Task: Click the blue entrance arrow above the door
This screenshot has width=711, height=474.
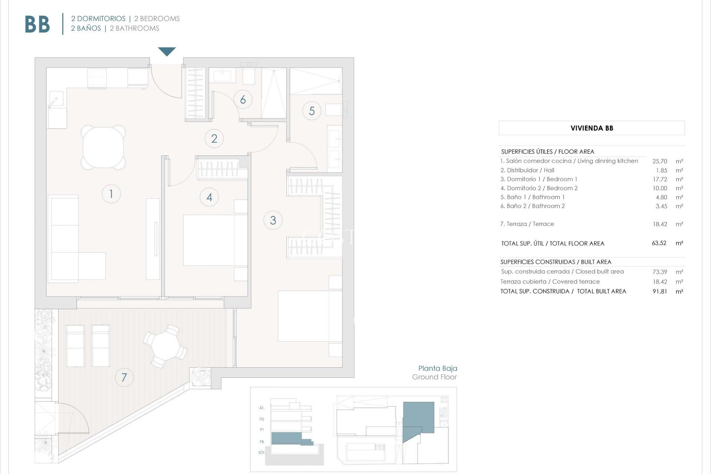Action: click(x=167, y=51)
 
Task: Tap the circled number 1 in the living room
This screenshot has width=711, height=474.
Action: click(x=111, y=194)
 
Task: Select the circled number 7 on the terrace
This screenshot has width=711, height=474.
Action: click(x=124, y=377)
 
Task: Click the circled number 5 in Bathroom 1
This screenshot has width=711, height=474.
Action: click(x=312, y=111)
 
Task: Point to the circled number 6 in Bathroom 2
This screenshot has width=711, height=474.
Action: click(x=243, y=100)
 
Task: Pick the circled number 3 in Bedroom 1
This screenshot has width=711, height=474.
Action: click(x=273, y=220)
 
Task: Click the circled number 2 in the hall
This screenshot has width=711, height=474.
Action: click(x=214, y=138)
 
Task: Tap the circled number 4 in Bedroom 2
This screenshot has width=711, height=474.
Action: click(x=209, y=197)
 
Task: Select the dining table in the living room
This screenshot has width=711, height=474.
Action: click(x=103, y=147)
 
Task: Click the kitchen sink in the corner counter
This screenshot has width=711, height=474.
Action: click(x=56, y=99)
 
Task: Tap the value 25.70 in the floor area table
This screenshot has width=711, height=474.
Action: click(x=660, y=161)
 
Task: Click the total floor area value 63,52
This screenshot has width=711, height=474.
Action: click(x=659, y=243)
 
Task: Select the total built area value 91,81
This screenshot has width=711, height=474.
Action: click(x=660, y=291)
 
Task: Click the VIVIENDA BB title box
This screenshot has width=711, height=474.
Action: click(x=591, y=128)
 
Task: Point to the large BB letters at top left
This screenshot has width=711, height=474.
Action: click(x=37, y=25)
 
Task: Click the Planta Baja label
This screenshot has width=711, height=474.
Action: click(x=437, y=368)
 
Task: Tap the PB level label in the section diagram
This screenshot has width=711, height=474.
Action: click(x=262, y=442)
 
